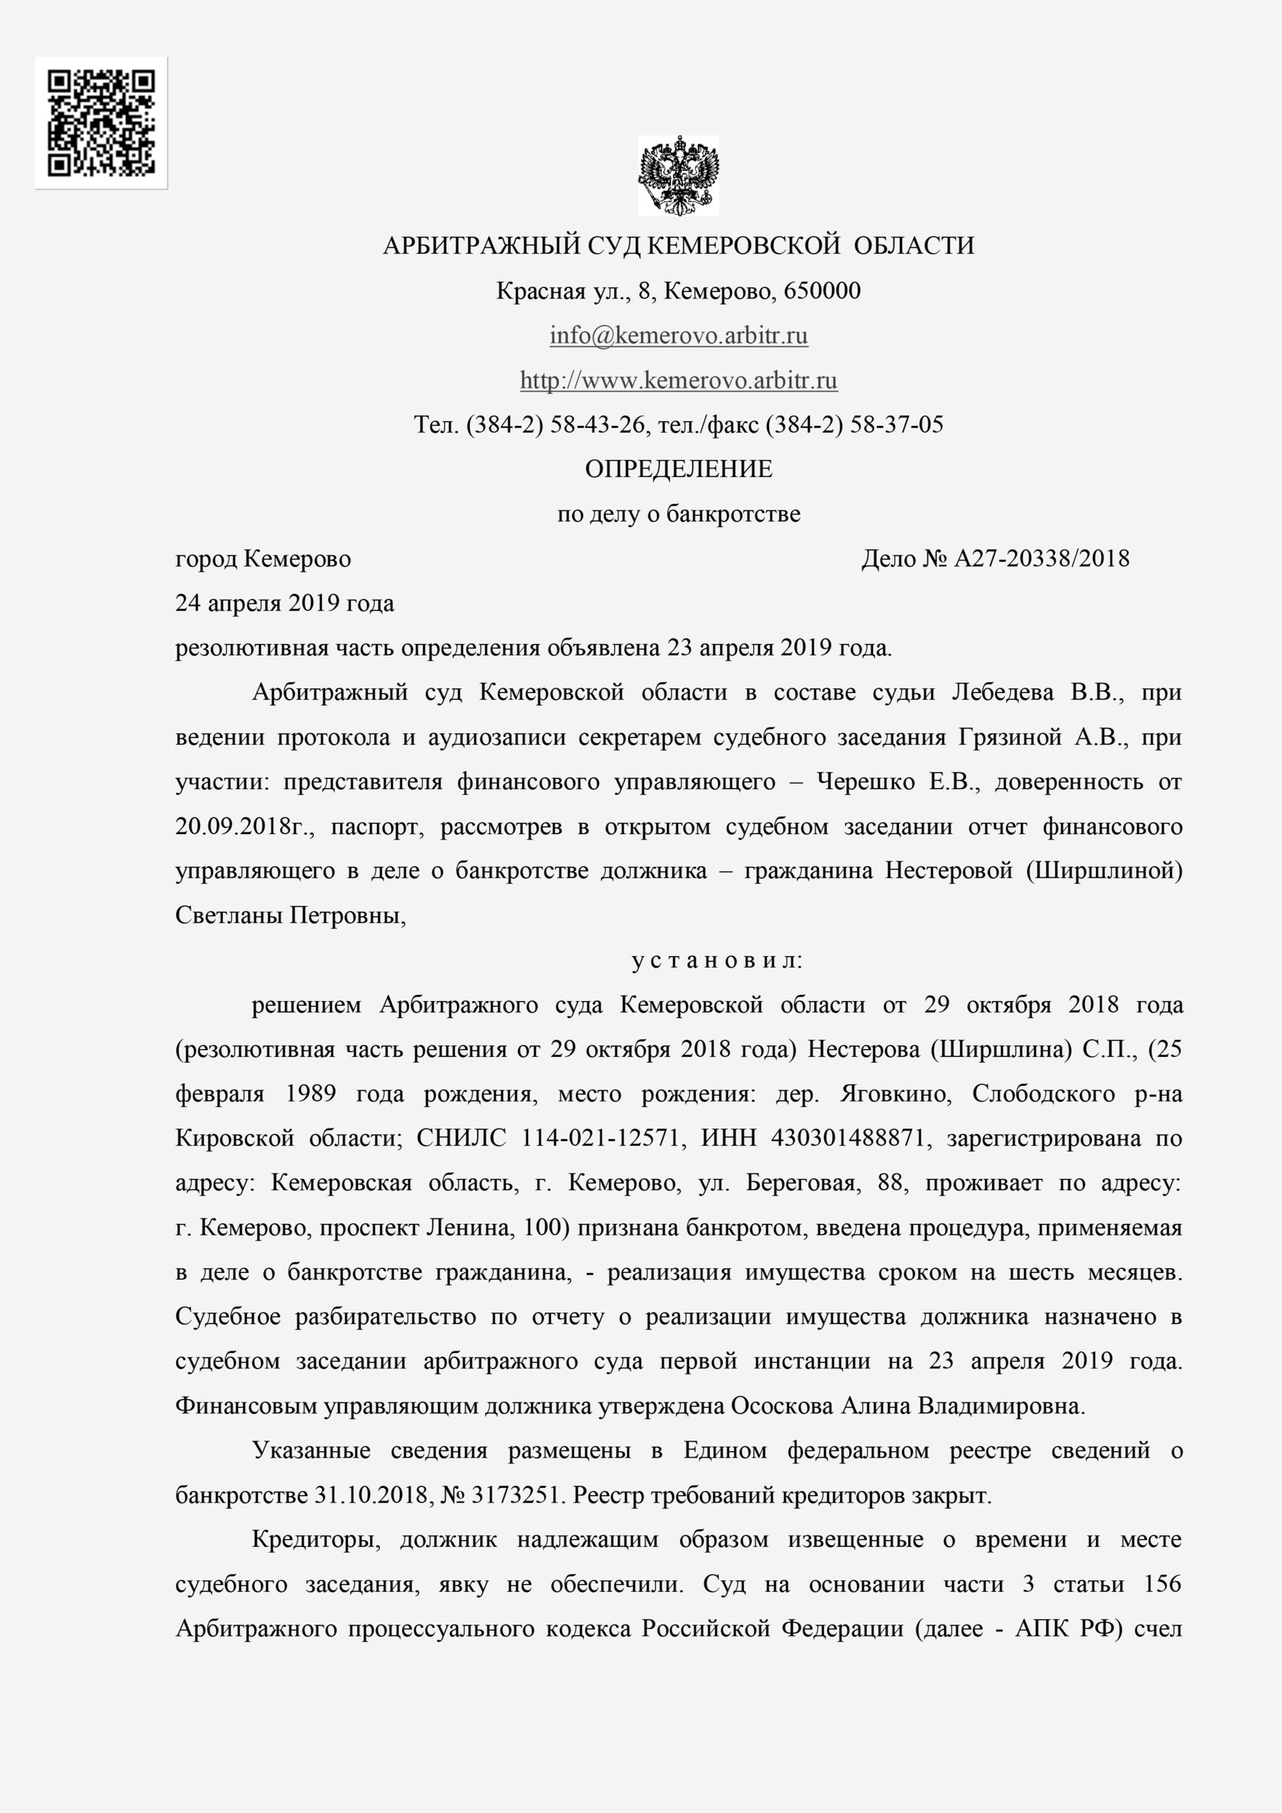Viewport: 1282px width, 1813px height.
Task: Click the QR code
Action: (x=101, y=122)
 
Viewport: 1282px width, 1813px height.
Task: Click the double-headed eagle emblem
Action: (x=678, y=176)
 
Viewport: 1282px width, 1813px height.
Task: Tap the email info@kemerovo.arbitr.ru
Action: (x=678, y=336)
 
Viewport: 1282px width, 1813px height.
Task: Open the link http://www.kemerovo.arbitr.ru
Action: (x=678, y=381)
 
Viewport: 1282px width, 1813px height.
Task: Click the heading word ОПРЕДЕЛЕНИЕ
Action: (x=678, y=470)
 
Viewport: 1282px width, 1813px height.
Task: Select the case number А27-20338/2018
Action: (x=1042, y=559)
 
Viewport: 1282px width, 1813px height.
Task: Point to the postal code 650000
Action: (x=822, y=291)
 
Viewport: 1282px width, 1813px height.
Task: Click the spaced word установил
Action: (x=717, y=961)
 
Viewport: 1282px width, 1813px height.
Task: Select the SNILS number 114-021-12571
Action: (x=601, y=1138)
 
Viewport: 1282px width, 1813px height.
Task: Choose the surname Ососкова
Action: (x=781, y=1406)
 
